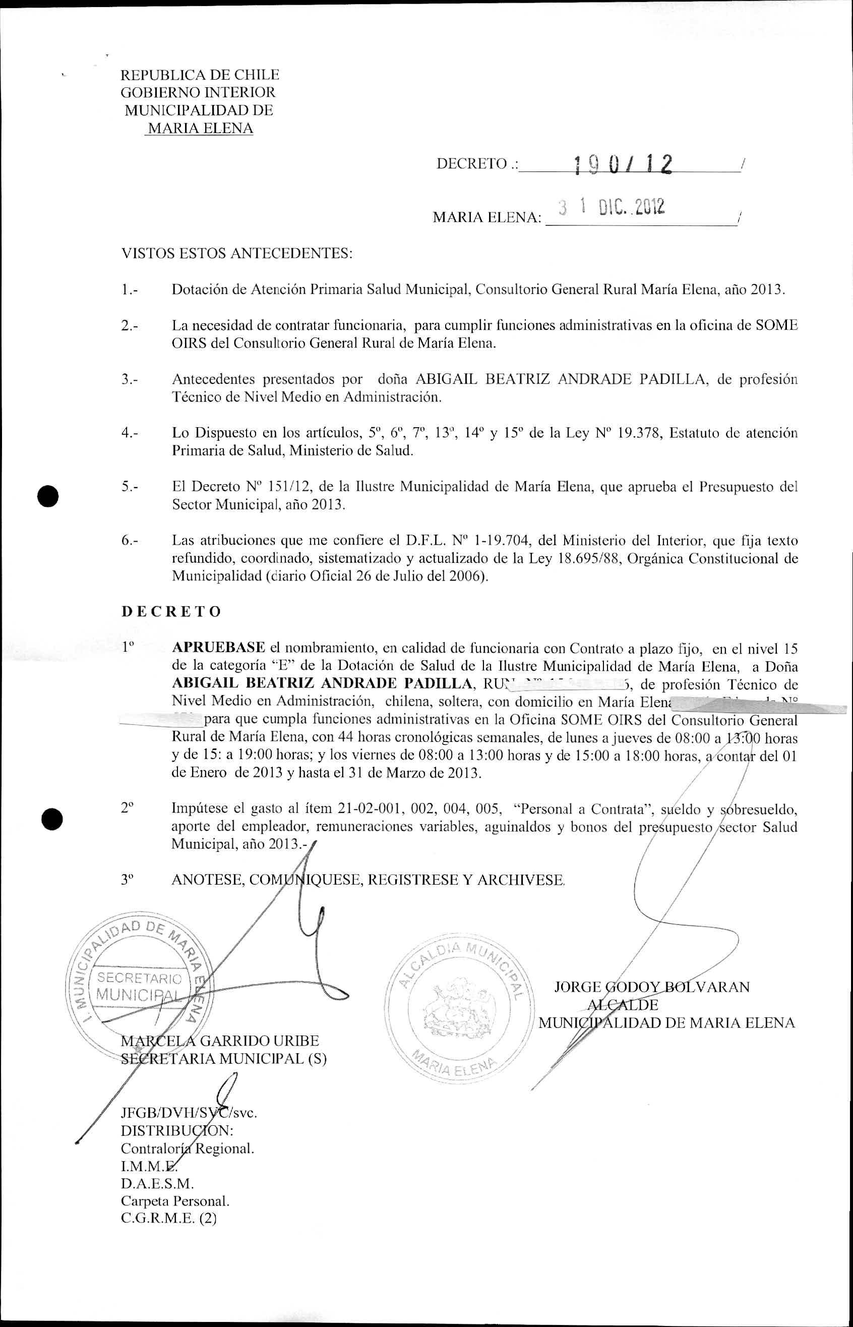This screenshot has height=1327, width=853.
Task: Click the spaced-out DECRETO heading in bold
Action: pyautogui.click(x=171, y=611)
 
